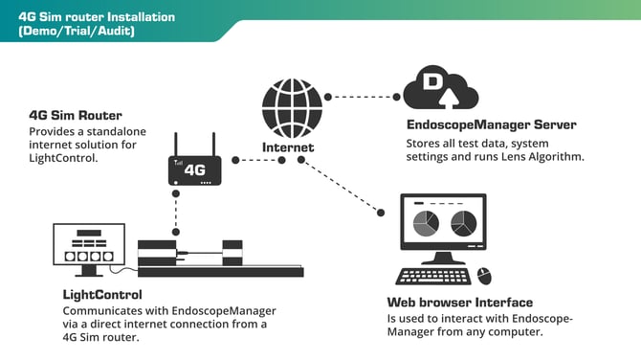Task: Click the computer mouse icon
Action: (x=483, y=273)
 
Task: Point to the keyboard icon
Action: (x=433, y=275)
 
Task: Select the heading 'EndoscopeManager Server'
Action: (x=491, y=125)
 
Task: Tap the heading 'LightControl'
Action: (x=102, y=295)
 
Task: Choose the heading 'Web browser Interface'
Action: (x=460, y=303)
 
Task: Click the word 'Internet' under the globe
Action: (x=288, y=147)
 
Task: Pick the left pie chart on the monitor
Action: (x=425, y=223)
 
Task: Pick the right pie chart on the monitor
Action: (x=463, y=223)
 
